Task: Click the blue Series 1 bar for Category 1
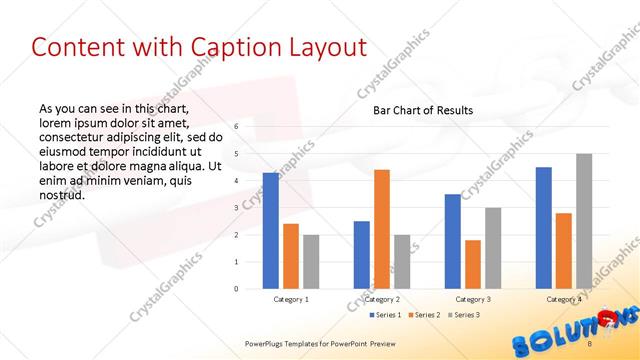[x=271, y=230]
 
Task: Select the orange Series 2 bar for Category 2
[x=381, y=229]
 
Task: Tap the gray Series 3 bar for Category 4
[x=583, y=221]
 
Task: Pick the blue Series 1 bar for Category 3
[x=453, y=241]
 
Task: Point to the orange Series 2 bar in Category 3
[x=472, y=264]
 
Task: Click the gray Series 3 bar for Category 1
[x=311, y=261]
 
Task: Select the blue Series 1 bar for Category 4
[x=543, y=227]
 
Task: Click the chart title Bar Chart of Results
[x=423, y=110]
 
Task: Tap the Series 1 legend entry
[x=386, y=315]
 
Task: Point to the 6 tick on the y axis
[x=236, y=127]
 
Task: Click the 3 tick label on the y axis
[x=236, y=208]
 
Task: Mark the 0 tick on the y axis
[x=236, y=289]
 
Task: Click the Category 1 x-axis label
[x=291, y=299]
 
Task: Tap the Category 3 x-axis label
[x=472, y=299]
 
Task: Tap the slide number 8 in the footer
[x=590, y=343]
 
